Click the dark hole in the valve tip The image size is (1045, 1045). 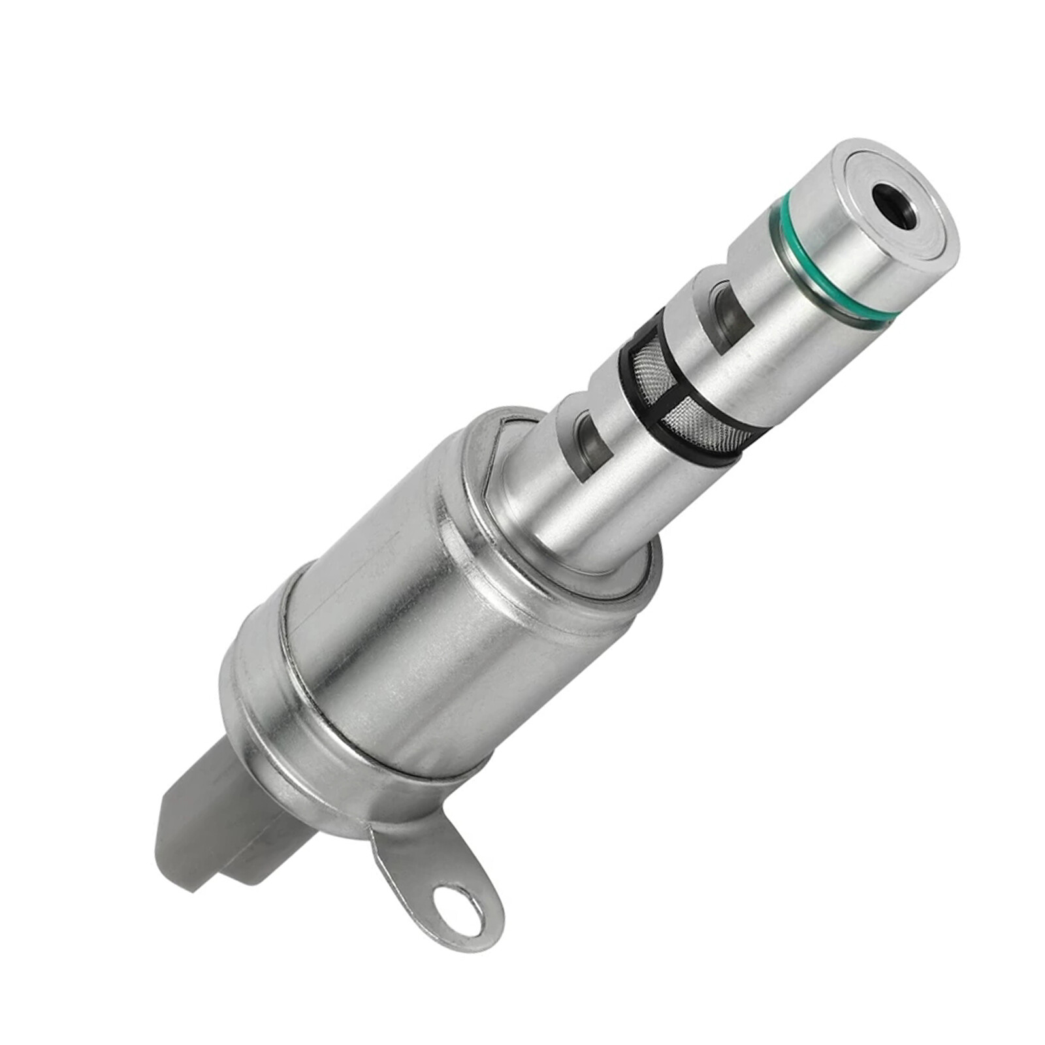point(894,205)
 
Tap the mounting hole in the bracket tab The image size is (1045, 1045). point(459,904)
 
